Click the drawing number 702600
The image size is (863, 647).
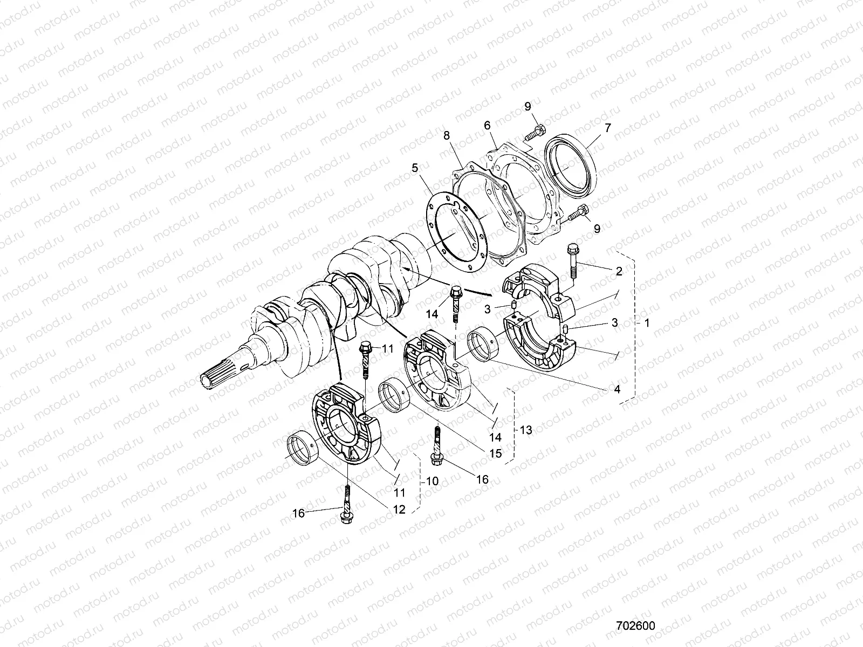point(636,626)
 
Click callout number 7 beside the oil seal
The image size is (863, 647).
point(607,128)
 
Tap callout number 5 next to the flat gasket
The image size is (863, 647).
point(415,168)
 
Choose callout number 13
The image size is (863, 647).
point(526,430)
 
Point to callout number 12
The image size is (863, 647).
point(399,510)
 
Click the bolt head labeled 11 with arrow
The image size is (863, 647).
point(365,348)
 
